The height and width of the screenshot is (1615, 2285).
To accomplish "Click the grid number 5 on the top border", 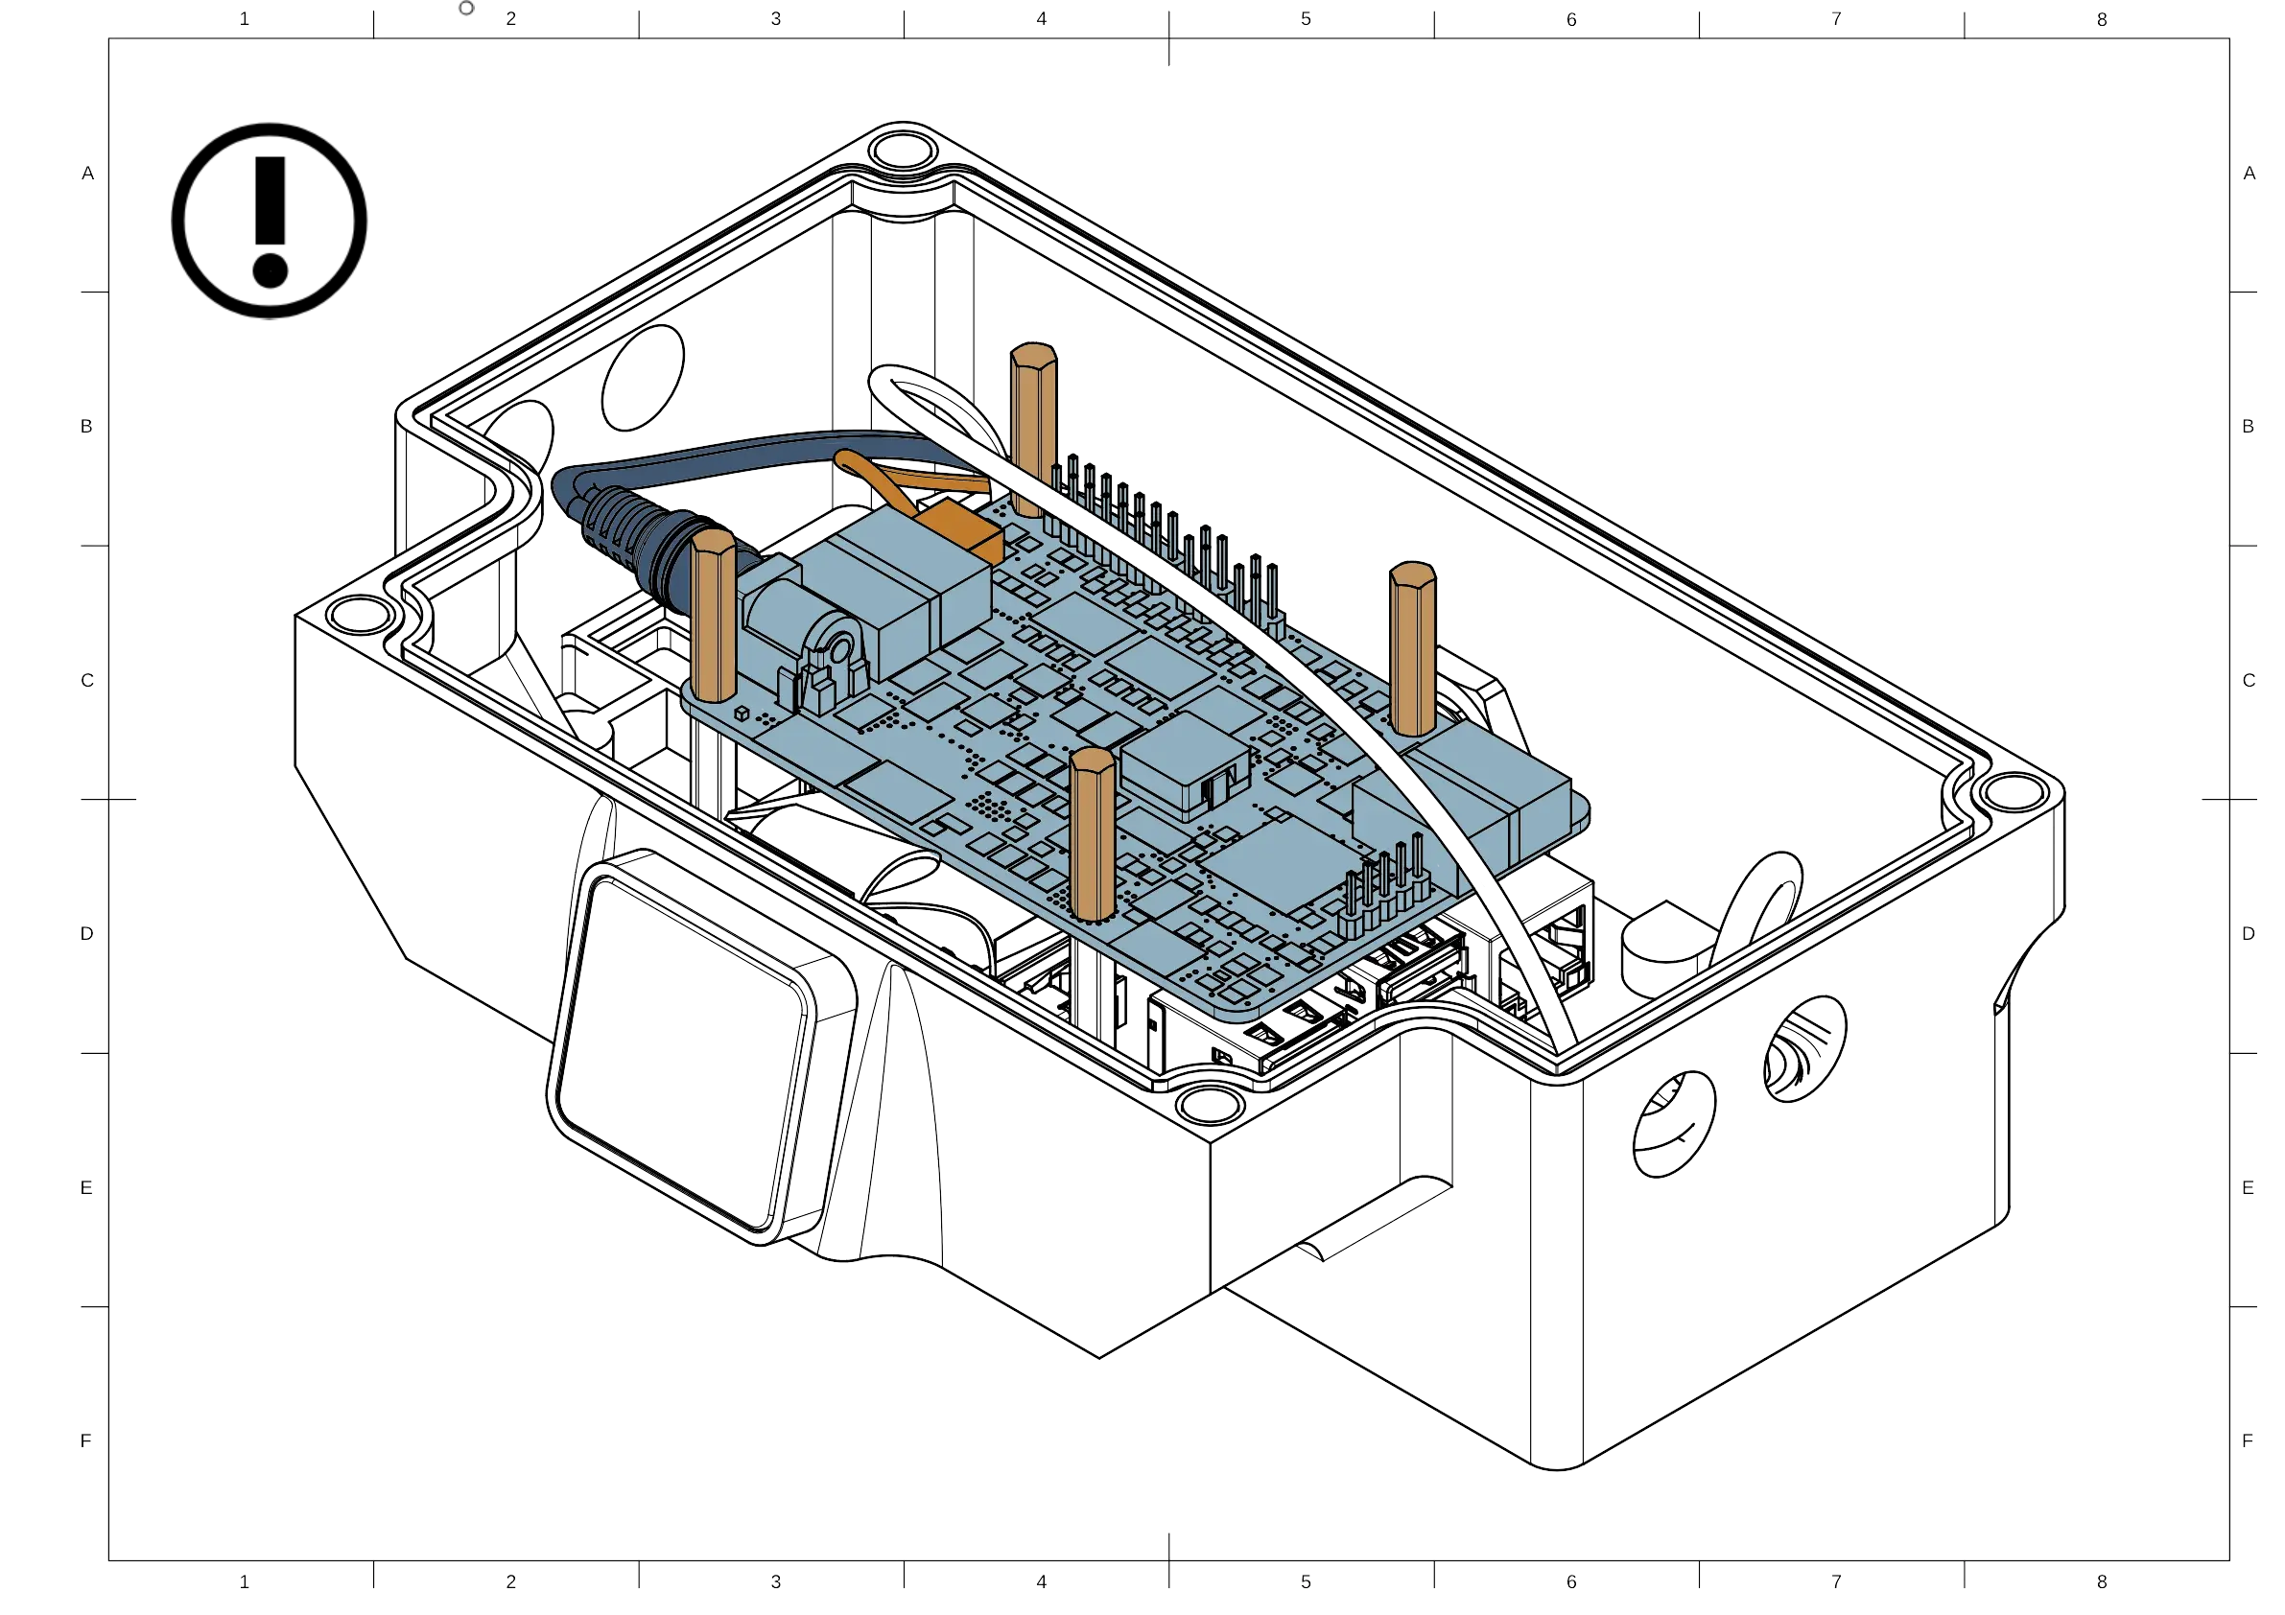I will [1305, 19].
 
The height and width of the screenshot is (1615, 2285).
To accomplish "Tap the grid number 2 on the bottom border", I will [511, 1580].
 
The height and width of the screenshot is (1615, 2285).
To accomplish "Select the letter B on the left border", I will [87, 426].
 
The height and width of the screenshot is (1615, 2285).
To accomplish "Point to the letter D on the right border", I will [2249, 934].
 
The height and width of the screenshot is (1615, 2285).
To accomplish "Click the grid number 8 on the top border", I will [2102, 19].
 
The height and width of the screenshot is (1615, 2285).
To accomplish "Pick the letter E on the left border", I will [87, 1187].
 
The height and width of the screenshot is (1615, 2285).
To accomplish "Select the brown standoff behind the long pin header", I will [1034, 428].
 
